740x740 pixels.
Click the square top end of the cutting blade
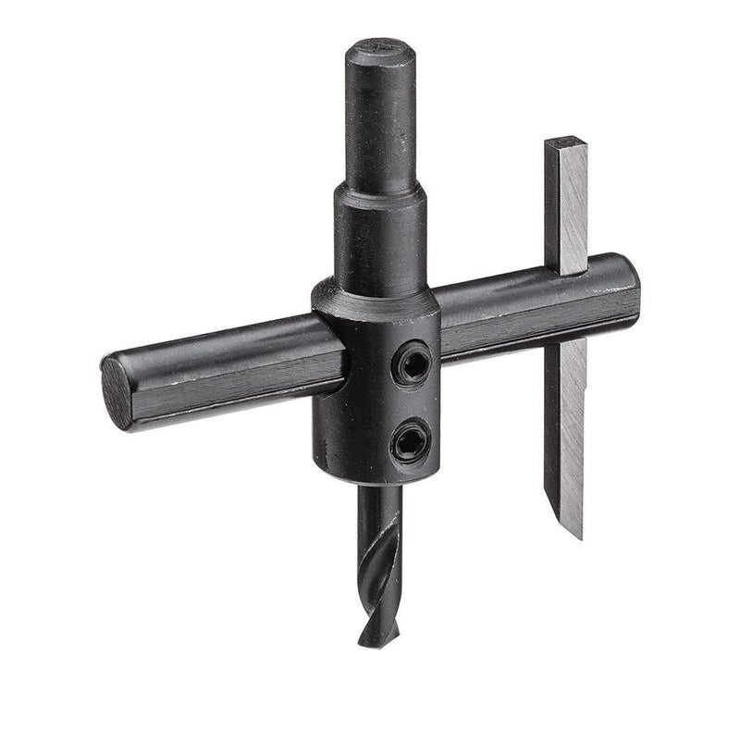click(566, 143)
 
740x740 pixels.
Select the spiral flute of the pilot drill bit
click(380, 564)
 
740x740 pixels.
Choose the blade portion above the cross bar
click(566, 203)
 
